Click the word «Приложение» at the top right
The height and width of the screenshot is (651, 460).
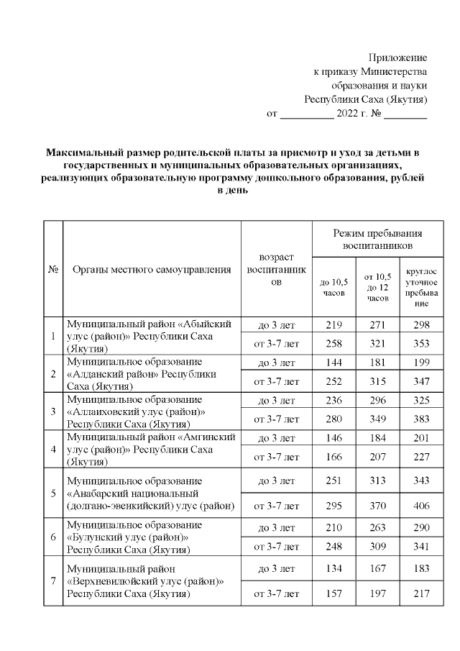click(397, 57)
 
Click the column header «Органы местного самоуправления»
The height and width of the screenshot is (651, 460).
click(152, 270)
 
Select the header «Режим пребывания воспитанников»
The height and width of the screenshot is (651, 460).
click(377, 240)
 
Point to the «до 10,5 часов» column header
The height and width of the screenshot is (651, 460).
click(333, 287)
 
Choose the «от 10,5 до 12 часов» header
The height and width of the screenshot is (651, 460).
click(377, 287)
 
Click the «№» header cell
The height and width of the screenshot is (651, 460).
click(52, 270)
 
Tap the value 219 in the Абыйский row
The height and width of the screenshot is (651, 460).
click(333, 325)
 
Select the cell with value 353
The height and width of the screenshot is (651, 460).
click(421, 344)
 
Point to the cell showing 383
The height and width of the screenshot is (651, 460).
click(421, 419)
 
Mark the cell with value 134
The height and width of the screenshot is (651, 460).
click(333, 568)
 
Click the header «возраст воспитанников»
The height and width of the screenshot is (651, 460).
click(276, 270)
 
